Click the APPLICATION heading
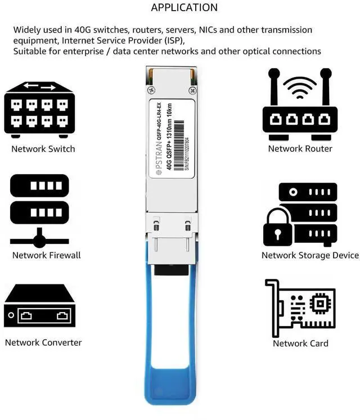click(x=184, y=8)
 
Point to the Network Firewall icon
click(x=39, y=211)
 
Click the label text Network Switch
click(x=43, y=149)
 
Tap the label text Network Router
click(x=300, y=149)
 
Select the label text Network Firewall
click(x=47, y=255)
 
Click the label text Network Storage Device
click(x=310, y=255)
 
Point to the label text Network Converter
click(x=43, y=342)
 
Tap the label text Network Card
click(x=300, y=344)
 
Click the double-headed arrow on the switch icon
click(x=39, y=87)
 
